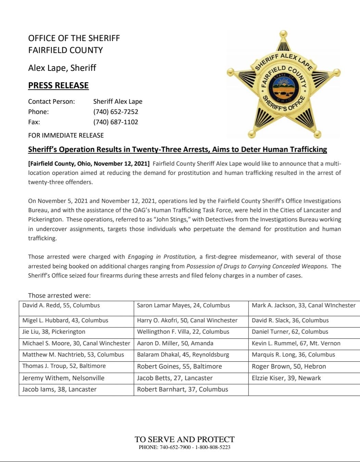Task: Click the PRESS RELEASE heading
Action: [x=58, y=85]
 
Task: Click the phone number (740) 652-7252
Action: [x=116, y=112]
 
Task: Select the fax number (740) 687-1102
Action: [x=116, y=122]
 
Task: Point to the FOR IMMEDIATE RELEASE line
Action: [x=66, y=135]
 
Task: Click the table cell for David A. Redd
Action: [x=61, y=305]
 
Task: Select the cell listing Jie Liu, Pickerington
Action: [x=54, y=332]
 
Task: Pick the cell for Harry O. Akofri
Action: [x=187, y=320]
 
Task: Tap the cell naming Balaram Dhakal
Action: [x=183, y=355]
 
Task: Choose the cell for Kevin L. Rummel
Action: [x=296, y=343]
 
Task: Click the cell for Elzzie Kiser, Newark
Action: [x=286, y=378]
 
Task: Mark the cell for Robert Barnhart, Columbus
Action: [x=182, y=389]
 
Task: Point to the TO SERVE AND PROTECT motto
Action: [x=184, y=439]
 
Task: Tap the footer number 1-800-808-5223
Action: [x=213, y=447]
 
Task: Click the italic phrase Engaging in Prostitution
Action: [x=162, y=257]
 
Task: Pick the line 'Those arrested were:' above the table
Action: [x=59, y=295]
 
